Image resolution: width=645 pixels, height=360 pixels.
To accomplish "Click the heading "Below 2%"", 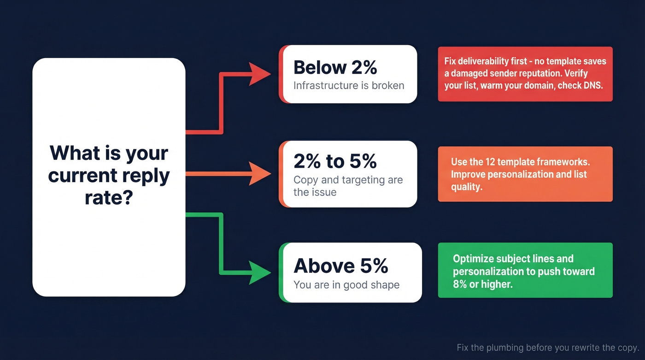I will (335, 68).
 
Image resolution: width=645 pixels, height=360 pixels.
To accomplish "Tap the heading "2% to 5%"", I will (335, 161).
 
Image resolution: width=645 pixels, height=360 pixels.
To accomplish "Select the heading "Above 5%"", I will (341, 266).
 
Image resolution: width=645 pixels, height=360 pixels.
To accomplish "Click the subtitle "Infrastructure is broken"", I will (349, 85).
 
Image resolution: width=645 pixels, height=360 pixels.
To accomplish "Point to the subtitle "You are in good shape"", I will (346, 285).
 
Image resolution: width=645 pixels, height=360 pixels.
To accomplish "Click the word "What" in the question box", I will (73, 153).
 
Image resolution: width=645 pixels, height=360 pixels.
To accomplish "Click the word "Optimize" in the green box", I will (473, 259).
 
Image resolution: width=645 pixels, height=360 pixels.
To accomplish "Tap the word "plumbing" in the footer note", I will (507, 348).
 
